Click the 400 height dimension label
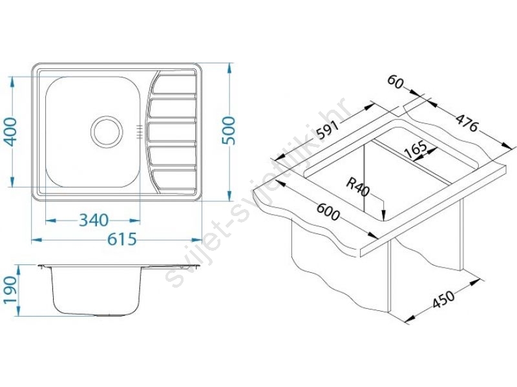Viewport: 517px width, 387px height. pos(11,132)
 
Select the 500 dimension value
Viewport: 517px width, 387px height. pos(229,130)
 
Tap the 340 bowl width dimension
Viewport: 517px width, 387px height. pos(94,220)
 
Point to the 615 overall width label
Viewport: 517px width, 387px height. pos(121,239)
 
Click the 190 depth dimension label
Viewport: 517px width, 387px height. pos(10,290)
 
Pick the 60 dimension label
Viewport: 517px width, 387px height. pos(396,82)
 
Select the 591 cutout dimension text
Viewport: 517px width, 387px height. pos(328,130)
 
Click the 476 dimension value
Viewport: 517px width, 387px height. pos(467,122)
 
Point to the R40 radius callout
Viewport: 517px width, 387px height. pos(358,187)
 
